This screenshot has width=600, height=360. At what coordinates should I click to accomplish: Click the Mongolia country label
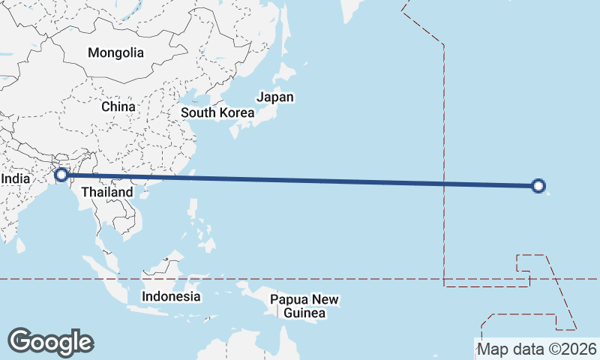115,52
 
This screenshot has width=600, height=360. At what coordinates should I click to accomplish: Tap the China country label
118,106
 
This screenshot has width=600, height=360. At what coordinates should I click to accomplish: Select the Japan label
275,97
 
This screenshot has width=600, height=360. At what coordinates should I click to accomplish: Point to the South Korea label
217,113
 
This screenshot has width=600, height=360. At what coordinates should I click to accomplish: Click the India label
16,179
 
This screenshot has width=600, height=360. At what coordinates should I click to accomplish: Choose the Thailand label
107,192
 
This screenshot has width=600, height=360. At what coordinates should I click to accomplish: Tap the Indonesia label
171,296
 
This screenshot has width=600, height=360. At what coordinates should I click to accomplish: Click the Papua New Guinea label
304,306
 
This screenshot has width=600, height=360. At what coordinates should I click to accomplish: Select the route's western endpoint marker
61,175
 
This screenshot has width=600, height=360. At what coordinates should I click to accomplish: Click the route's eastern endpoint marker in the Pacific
538,186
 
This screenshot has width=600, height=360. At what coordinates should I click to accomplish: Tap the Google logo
50,342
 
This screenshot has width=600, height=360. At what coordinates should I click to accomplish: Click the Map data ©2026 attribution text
537,349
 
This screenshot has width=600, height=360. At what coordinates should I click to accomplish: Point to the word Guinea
304,313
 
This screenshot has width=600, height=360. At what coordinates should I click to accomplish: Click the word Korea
237,113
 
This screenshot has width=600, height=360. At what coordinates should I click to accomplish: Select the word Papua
288,300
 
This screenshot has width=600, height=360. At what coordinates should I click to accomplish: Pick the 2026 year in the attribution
581,349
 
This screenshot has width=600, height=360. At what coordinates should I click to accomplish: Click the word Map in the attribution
493,349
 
